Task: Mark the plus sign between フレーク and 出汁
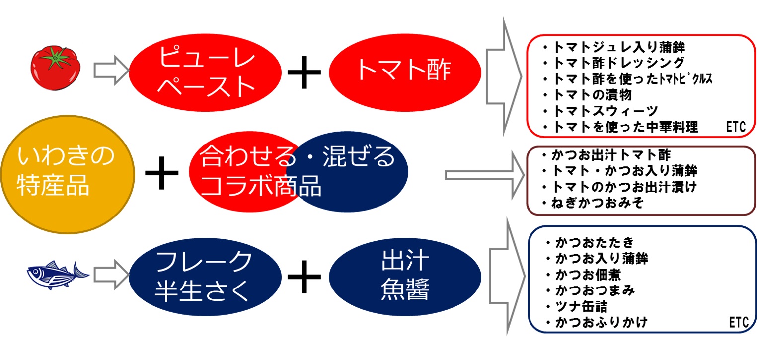[x=304, y=277]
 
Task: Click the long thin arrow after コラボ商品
[x=484, y=174]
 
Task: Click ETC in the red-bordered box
[x=735, y=128]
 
